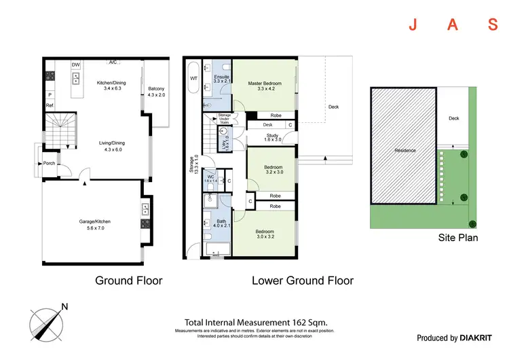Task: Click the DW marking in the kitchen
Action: click(x=76, y=65)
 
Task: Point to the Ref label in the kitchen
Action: click(x=50, y=106)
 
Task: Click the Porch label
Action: click(x=49, y=163)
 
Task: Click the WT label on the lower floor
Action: click(x=193, y=79)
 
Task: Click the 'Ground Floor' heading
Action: click(x=128, y=280)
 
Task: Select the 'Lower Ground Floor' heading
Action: click(x=302, y=280)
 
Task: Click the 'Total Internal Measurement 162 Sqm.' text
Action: click(x=257, y=323)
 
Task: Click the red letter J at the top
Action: click(x=412, y=26)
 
